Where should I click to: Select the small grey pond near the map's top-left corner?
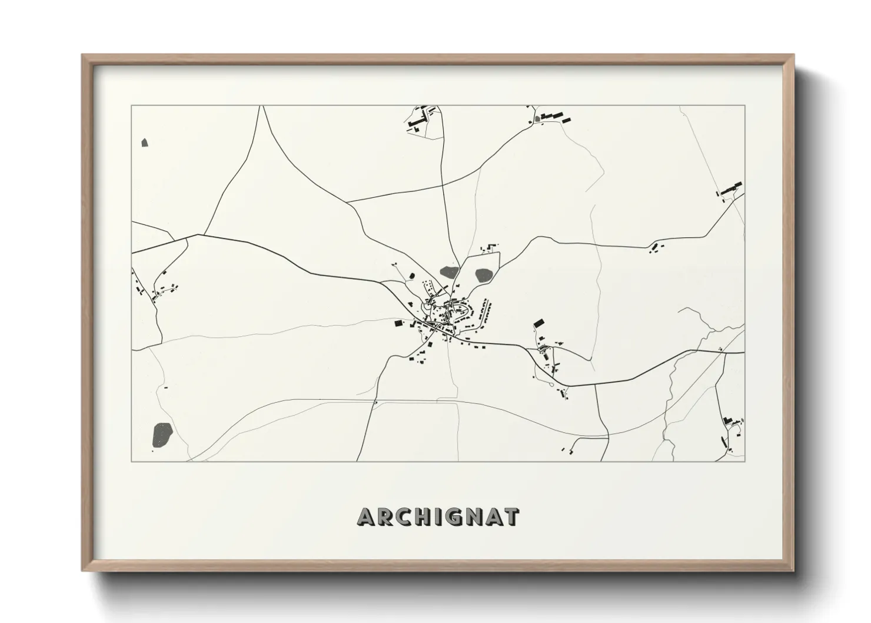coord(145,142)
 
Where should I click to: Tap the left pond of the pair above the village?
coord(449,272)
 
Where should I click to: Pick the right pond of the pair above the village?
coord(484,274)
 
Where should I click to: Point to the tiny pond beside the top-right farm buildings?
coord(537,120)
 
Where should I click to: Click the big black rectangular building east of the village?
coord(538,323)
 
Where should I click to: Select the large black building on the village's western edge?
coord(398,323)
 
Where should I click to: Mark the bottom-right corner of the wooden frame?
coord(793,570)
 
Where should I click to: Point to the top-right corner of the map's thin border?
coord(744,105)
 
